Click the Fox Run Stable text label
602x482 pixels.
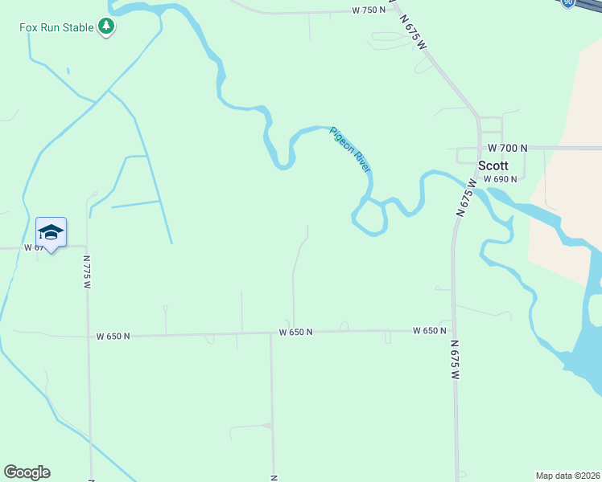click(x=57, y=27)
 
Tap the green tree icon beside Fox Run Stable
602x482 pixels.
click(x=106, y=27)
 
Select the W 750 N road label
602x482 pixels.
click(x=369, y=10)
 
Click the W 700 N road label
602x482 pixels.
click(x=507, y=149)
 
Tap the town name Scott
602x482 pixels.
click(x=493, y=165)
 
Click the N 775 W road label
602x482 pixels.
click(x=87, y=272)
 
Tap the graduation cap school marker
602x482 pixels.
click(x=51, y=232)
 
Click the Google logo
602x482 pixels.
click(x=27, y=472)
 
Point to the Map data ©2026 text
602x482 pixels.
click(x=567, y=475)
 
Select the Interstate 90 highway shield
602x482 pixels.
click(x=568, y=3)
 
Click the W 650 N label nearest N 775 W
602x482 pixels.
click(x=113, y=337)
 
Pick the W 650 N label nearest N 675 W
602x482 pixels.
click(x=430, y=331)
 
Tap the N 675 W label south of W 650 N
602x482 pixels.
click(x=456, y=360)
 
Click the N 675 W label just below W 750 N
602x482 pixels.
click(x=410, y=33)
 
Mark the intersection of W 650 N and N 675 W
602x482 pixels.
click(x=454, y=330)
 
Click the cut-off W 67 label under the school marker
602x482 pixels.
click(x=33, y=248)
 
